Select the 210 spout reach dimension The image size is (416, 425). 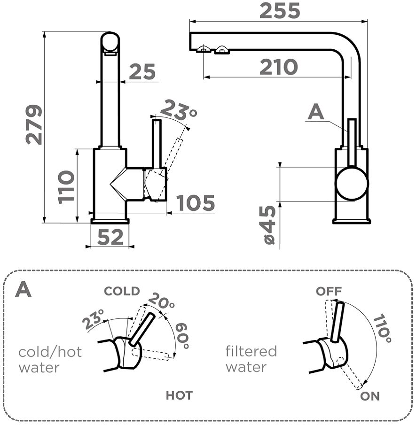click(x=278, y=68)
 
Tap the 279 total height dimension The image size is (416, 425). click(x=34, y=124)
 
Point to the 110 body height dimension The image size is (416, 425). click(x=67, y=186)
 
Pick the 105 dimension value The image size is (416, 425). click(x=196, y=203)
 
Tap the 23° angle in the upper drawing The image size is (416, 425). click(x=178, y=110)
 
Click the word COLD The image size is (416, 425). click(x=122, y=291)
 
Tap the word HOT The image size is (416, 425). click(x=179, y=395)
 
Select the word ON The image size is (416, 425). click(x=370, y=396)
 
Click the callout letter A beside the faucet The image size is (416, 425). click(x=316, y=112)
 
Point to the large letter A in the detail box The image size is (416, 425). click(x=24, y=290)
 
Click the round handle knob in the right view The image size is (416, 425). click(x=352, y=184)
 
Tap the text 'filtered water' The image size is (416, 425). click(x=251, y=358)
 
